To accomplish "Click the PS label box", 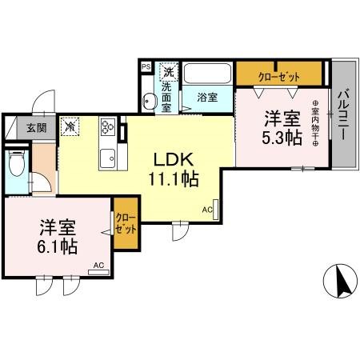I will (146, 68).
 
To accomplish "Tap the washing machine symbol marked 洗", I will (168, 70).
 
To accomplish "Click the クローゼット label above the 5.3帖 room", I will (279, 75).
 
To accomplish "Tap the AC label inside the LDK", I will (206, 210).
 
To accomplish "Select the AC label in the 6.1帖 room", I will (98, 265).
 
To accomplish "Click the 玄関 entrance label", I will (35, 127).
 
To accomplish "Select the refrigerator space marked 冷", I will (70, 126).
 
